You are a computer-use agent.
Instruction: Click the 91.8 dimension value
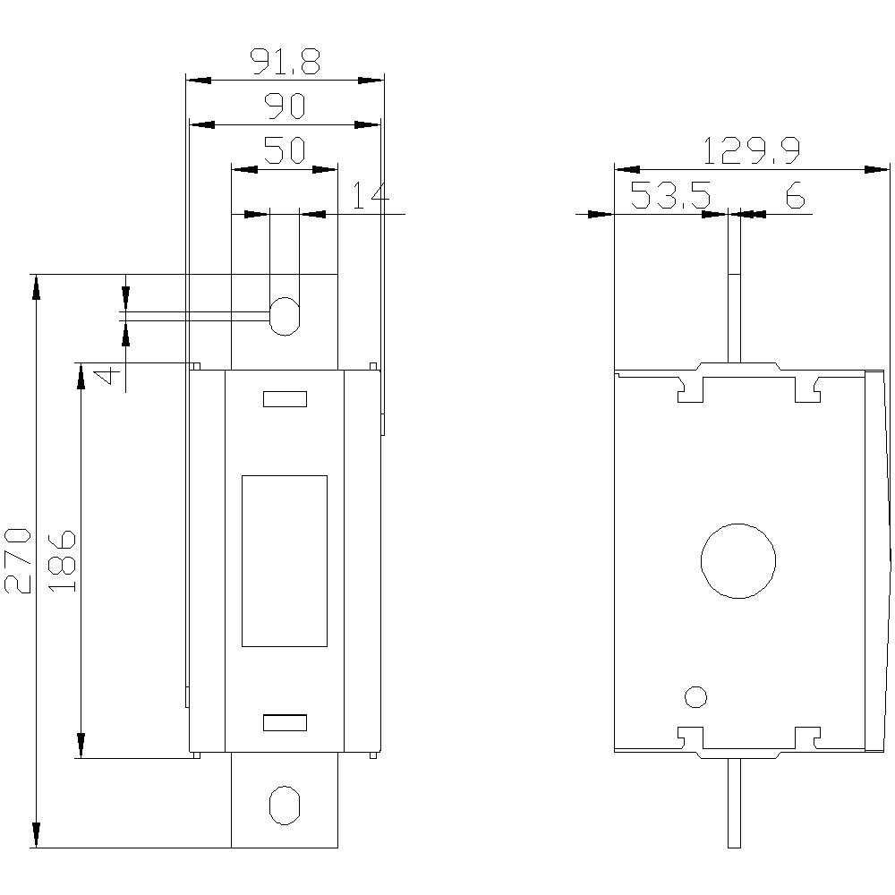(285, 62)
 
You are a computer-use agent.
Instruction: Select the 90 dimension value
(285, 107)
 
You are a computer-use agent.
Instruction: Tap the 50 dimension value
(285, 150)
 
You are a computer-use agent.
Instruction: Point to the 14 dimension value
(370, 196)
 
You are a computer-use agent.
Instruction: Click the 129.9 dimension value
(750, 151)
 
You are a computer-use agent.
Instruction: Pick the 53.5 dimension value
(670, 195)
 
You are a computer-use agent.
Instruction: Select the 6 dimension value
(795, 195)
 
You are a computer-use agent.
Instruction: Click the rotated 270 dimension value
(18, 561)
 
